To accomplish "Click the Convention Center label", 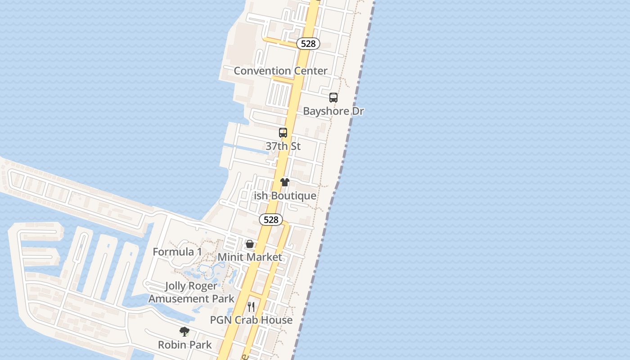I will [280, 71].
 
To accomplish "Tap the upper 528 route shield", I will [308, 44].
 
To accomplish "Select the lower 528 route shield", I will [271, 220].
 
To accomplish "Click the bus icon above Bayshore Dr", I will [333, 97].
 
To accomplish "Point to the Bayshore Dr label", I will [333, 111].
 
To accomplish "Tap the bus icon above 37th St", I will [283, 133].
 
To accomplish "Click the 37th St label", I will [283, 146].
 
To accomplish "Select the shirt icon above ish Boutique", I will [285, 182].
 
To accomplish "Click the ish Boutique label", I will [285, 196].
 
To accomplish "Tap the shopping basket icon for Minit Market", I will [250, 244].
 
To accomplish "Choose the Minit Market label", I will [250, 257].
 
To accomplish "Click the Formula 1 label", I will [177, 252].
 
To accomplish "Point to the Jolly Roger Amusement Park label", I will [191, 292].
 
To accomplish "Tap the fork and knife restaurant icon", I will [251, 307].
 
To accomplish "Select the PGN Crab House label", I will [252, 320].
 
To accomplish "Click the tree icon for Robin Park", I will [184, 332].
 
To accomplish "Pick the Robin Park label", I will [184, 345].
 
